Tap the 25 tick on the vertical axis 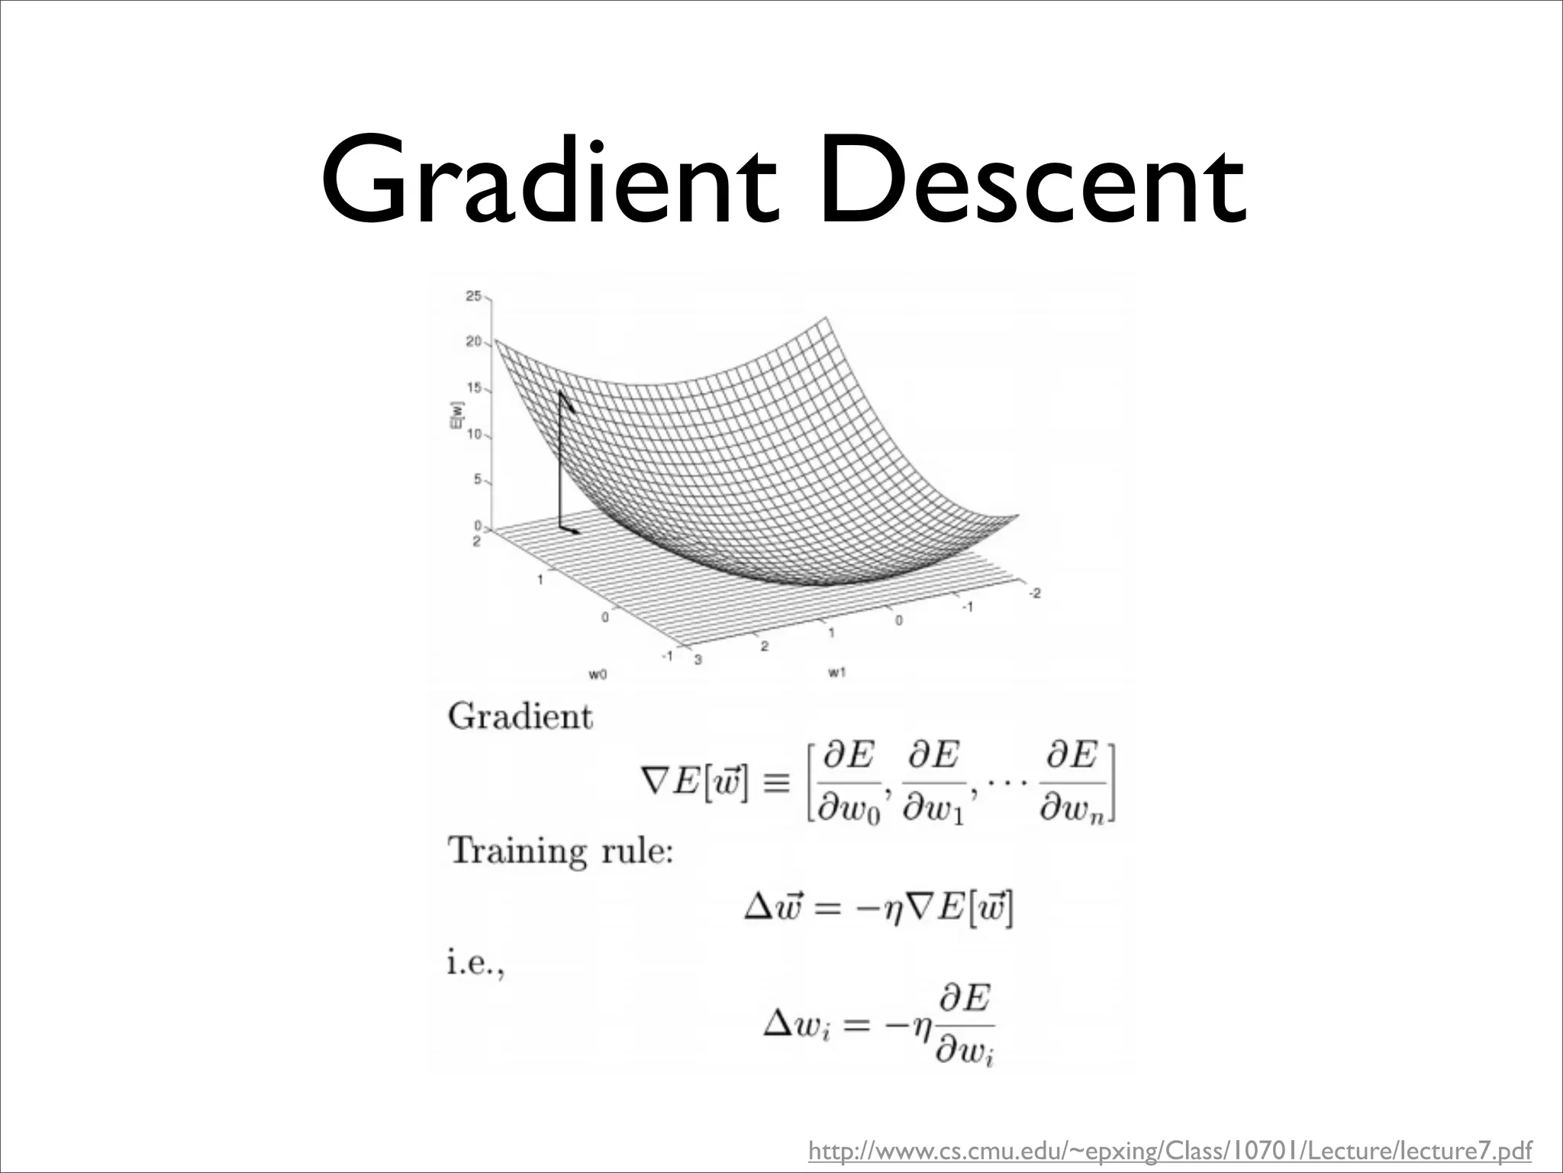(474, 296)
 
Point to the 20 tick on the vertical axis (474, 341)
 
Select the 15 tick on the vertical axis (474, 388)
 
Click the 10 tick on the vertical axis (474, 435)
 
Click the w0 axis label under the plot (598, 674)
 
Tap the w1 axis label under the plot (837, 672)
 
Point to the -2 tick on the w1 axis (1034, 593)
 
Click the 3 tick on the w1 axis (696, 659)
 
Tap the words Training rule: (561, 850)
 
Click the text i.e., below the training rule (475, 964)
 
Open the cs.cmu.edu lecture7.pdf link (1170, 1150)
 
